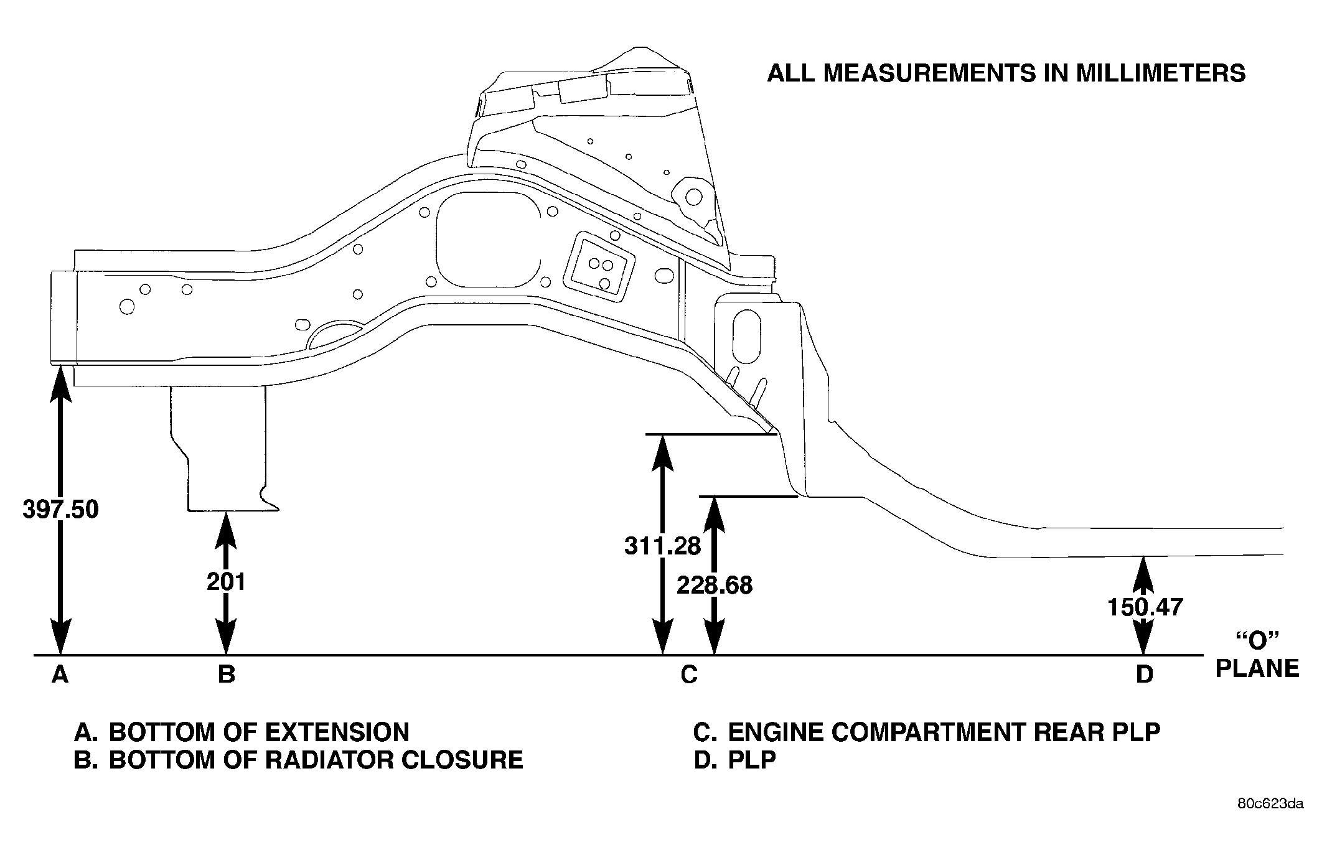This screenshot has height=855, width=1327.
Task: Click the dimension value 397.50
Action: click(x=60, y=510)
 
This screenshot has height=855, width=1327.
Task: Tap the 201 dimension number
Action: click(x=226, y=582)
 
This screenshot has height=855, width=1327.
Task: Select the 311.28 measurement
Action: click(x=663, y=546)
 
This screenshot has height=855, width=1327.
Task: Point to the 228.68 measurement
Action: click(x=715, y=585)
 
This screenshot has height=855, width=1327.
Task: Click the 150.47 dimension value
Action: click(x=1145, y=607)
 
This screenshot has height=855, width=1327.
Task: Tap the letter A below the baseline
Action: click(x=60, y=674)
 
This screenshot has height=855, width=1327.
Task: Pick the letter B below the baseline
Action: click(x=227, y=674)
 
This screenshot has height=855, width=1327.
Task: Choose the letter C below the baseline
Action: click(x=689, y=674)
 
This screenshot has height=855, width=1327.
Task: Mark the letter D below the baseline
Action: click(x=1145, y=674)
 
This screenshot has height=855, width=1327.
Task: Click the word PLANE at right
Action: click(x=1257, y=668)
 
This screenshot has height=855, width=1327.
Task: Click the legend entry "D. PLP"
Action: click(x=735, y=760)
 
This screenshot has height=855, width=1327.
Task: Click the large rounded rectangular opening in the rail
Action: click(x=489, y=240)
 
